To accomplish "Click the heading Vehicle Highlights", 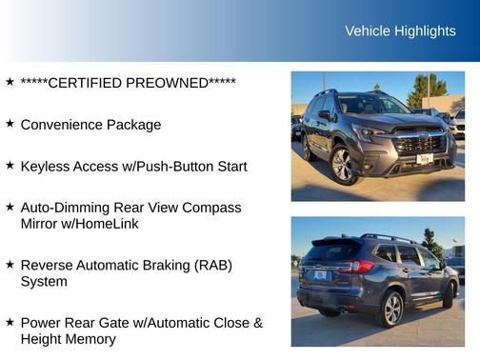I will click(400, 31).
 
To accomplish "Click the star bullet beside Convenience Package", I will click(10, 124).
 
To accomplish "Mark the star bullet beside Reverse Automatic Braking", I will click(10, 264).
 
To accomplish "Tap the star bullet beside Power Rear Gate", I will click(10, 322).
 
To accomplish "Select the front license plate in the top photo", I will click(425, 159).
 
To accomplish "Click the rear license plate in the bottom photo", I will click(320, 275).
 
